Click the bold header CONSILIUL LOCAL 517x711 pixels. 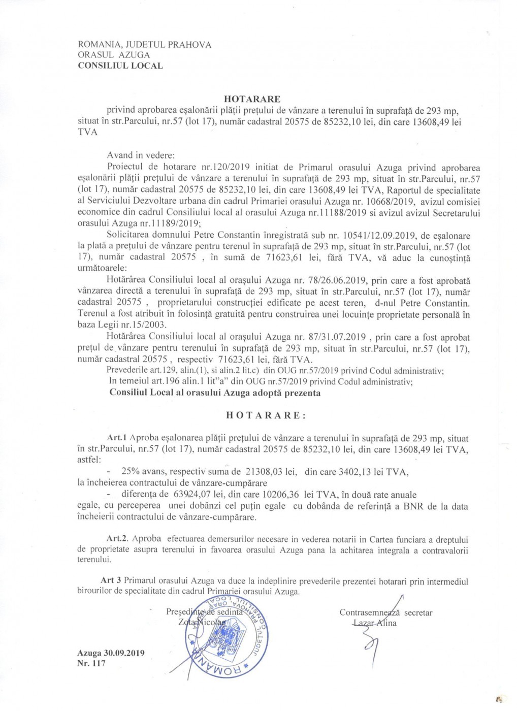[120, 66]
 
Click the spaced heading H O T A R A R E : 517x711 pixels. [266, 415]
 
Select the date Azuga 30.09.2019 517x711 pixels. [111, 653]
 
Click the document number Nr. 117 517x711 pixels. [92, 663]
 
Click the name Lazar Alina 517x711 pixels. [375, 623]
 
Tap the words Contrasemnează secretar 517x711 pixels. [386, 612]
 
